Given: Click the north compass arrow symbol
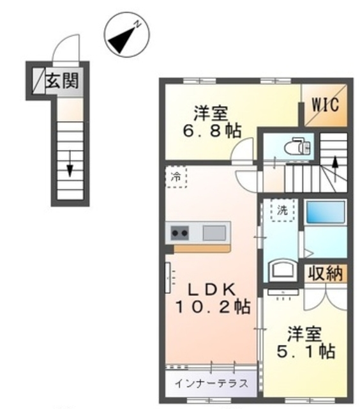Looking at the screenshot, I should pos(123,40).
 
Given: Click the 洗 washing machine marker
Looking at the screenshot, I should pos(281,210).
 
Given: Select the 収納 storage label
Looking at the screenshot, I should pos(325,273).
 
